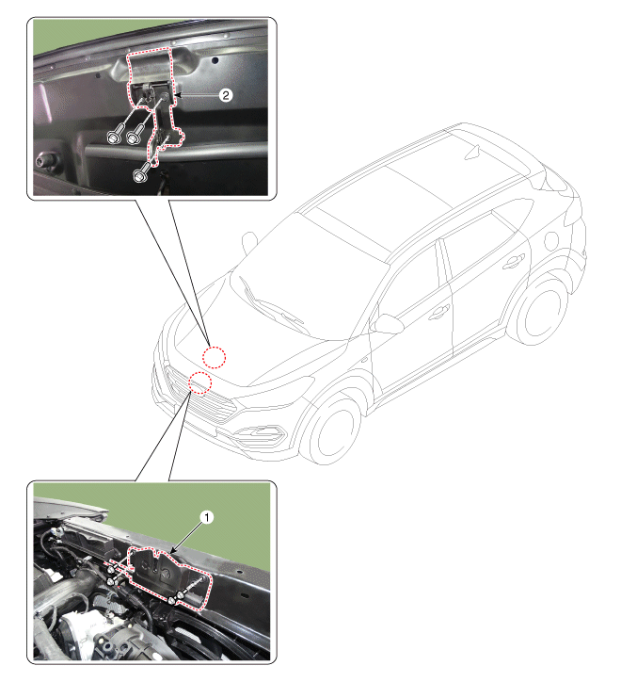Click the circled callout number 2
click(x=225, y=95)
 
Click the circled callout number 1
click(x=207, y=517)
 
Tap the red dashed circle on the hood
click(x=214, y=358)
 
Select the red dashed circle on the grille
click(x=199, y=383)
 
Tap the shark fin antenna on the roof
click(x=472, y=153)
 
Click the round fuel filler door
click(x=551, y=241)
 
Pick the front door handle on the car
click(x=438, y=312)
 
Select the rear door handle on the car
click(x=513, y=262)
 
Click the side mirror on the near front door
click(x=387, y=324)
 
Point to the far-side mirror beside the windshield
click(x=249, y=240)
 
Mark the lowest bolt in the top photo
click(x=140, y=175)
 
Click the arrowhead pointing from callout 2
click(x=177, y=94)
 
